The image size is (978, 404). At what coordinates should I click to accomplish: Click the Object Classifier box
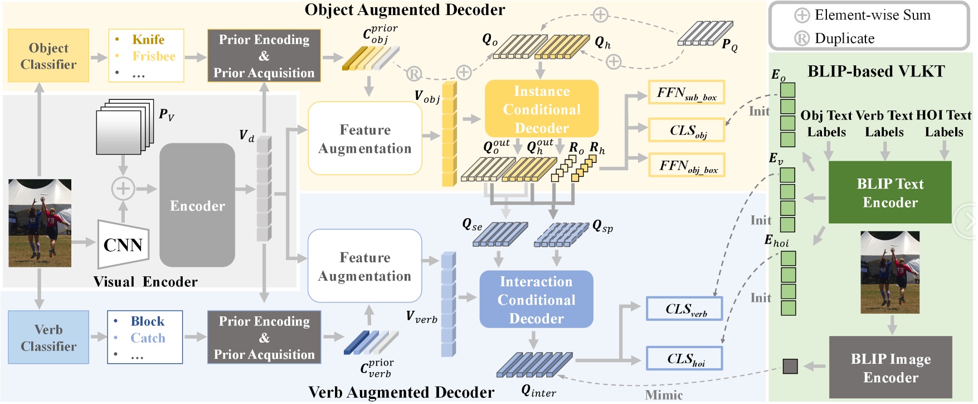tap(48, 56)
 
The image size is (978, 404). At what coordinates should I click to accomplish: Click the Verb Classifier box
tap(48, 338)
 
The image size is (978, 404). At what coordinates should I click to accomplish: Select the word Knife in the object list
tap(148, 40)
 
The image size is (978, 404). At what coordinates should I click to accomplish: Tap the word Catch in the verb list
tap(148, 338)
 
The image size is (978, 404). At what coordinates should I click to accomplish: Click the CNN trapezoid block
tap(123, 244)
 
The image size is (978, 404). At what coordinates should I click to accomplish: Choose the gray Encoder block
tap(197, 205)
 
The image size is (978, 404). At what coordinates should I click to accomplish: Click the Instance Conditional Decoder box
tap(542, 109)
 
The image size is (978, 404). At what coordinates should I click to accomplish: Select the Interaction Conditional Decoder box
tap(536, 300)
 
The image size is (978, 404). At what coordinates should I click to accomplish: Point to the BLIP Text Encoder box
tap(890, 193)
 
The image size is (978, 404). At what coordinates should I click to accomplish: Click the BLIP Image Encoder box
tap(891, 368)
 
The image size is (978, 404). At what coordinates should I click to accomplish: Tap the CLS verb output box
tap(684, 309)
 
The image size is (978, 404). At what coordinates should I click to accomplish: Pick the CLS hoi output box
tap(684, 359)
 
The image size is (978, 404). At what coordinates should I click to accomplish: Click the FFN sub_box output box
tap(687, 93)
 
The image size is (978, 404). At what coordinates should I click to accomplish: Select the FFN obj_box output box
tap(687, 165)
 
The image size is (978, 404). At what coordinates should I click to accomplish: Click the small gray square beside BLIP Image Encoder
tap(790, 366)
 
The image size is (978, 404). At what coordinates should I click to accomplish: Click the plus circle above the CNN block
tap(123, 189)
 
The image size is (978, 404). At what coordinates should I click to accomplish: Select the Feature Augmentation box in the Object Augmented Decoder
tap(365, 139)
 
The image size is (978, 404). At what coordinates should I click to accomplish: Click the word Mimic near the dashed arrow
tap(664, 396)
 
